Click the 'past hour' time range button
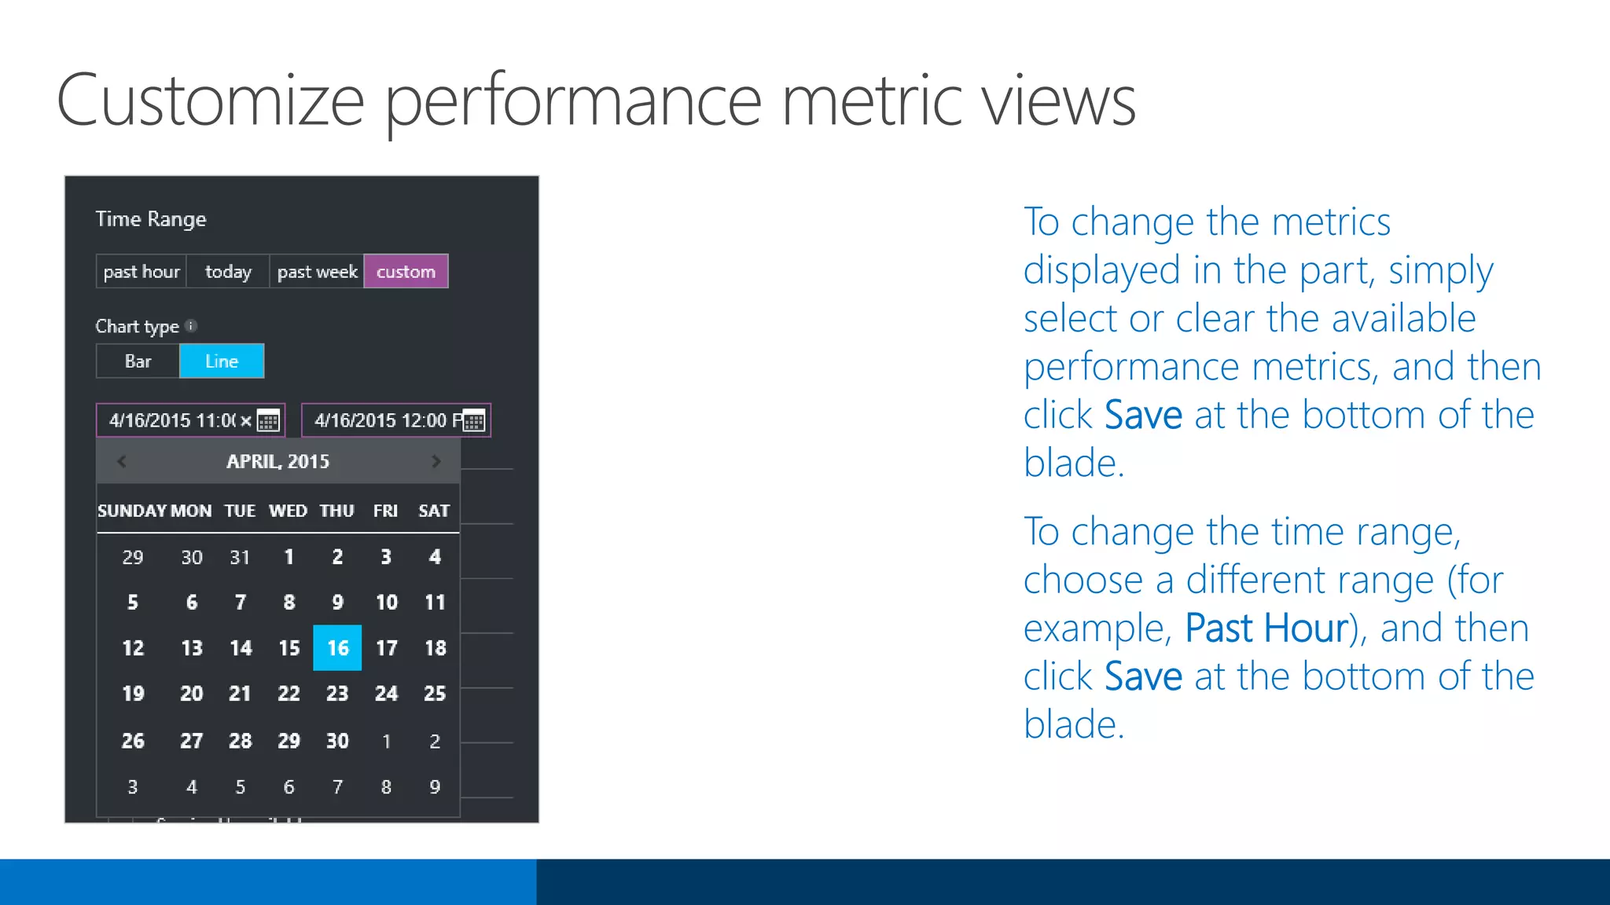[142, 272]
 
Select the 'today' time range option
[228, 272]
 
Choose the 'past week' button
[317, 272]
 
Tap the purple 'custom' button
[406, 272]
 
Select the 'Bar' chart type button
[138, 361]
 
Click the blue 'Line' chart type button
[222, 361]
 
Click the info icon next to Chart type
[191, 325]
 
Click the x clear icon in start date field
[246, 421]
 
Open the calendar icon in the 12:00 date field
[474, 421]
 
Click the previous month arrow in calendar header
[122, 462]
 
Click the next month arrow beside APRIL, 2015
[436, 462]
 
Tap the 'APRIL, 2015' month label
[278, 462]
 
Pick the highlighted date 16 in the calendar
[337, 648]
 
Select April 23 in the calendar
[337, 694]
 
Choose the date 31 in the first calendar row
[240, 558]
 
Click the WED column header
[288, 511]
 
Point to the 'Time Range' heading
[151, 219]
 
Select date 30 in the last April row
[337, 741]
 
